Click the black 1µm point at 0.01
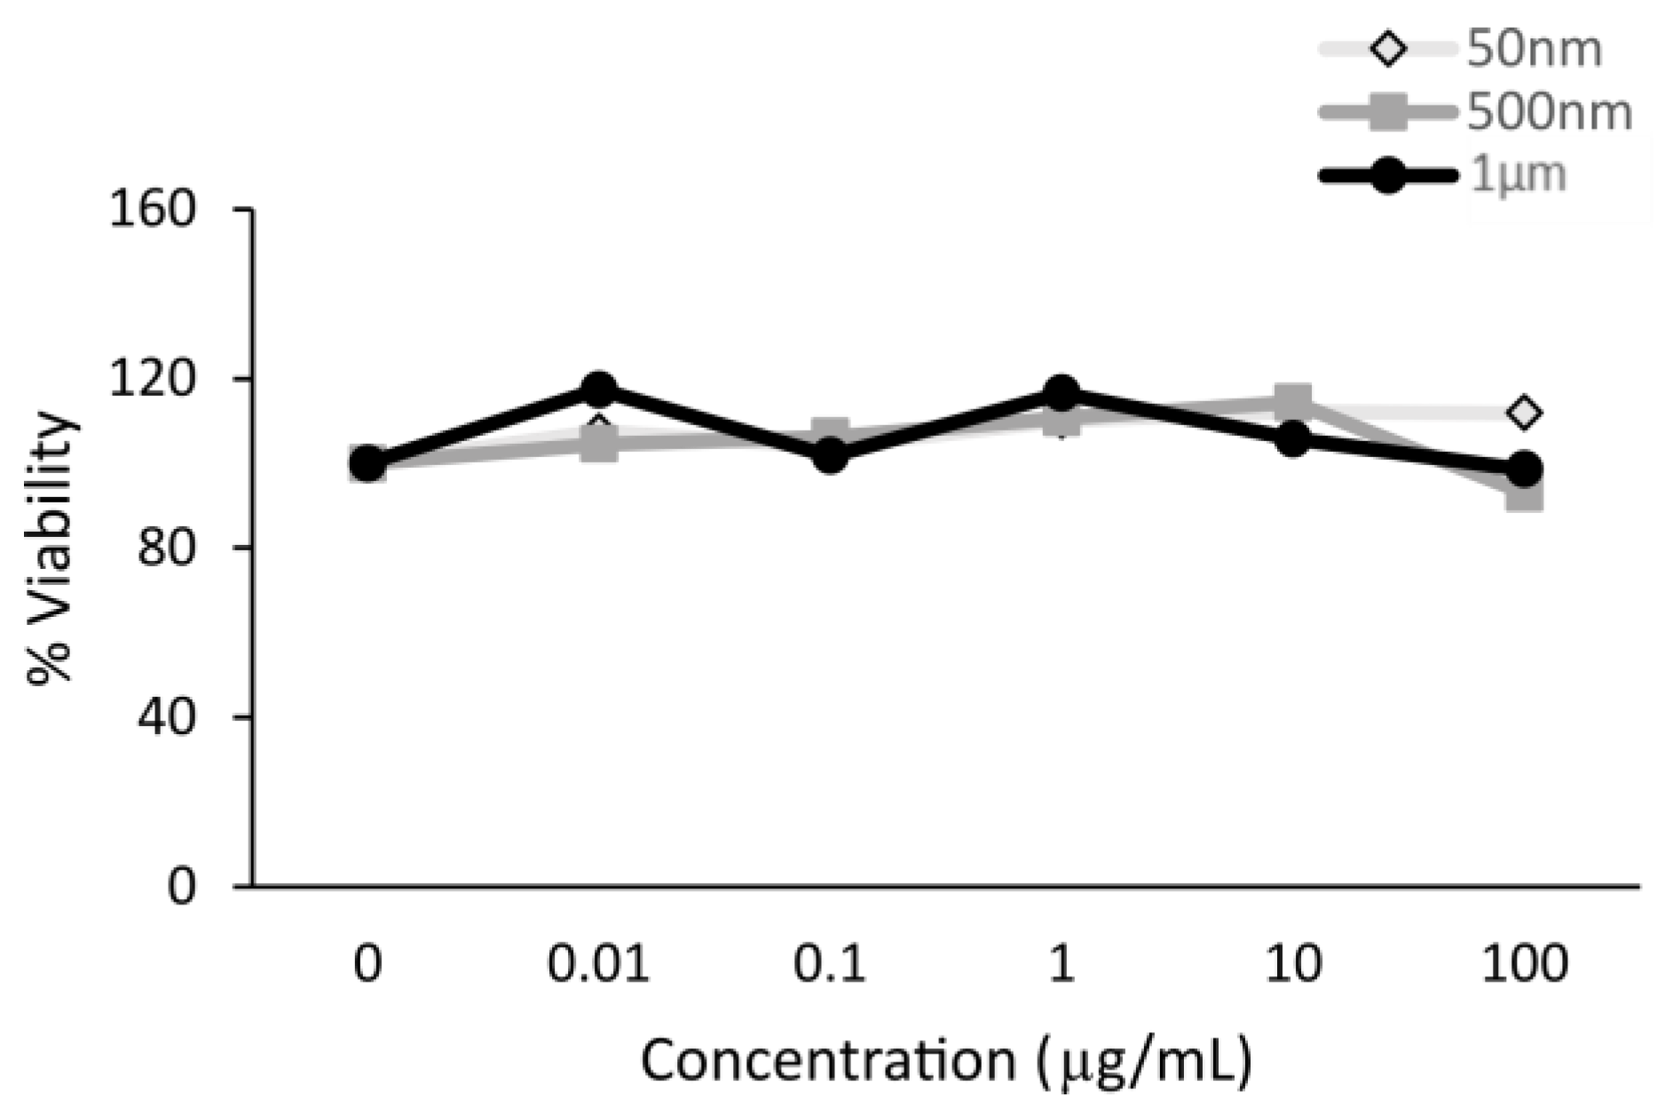599,389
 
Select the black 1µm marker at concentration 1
1061,391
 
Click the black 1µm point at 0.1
830,457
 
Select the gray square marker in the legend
1389,114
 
